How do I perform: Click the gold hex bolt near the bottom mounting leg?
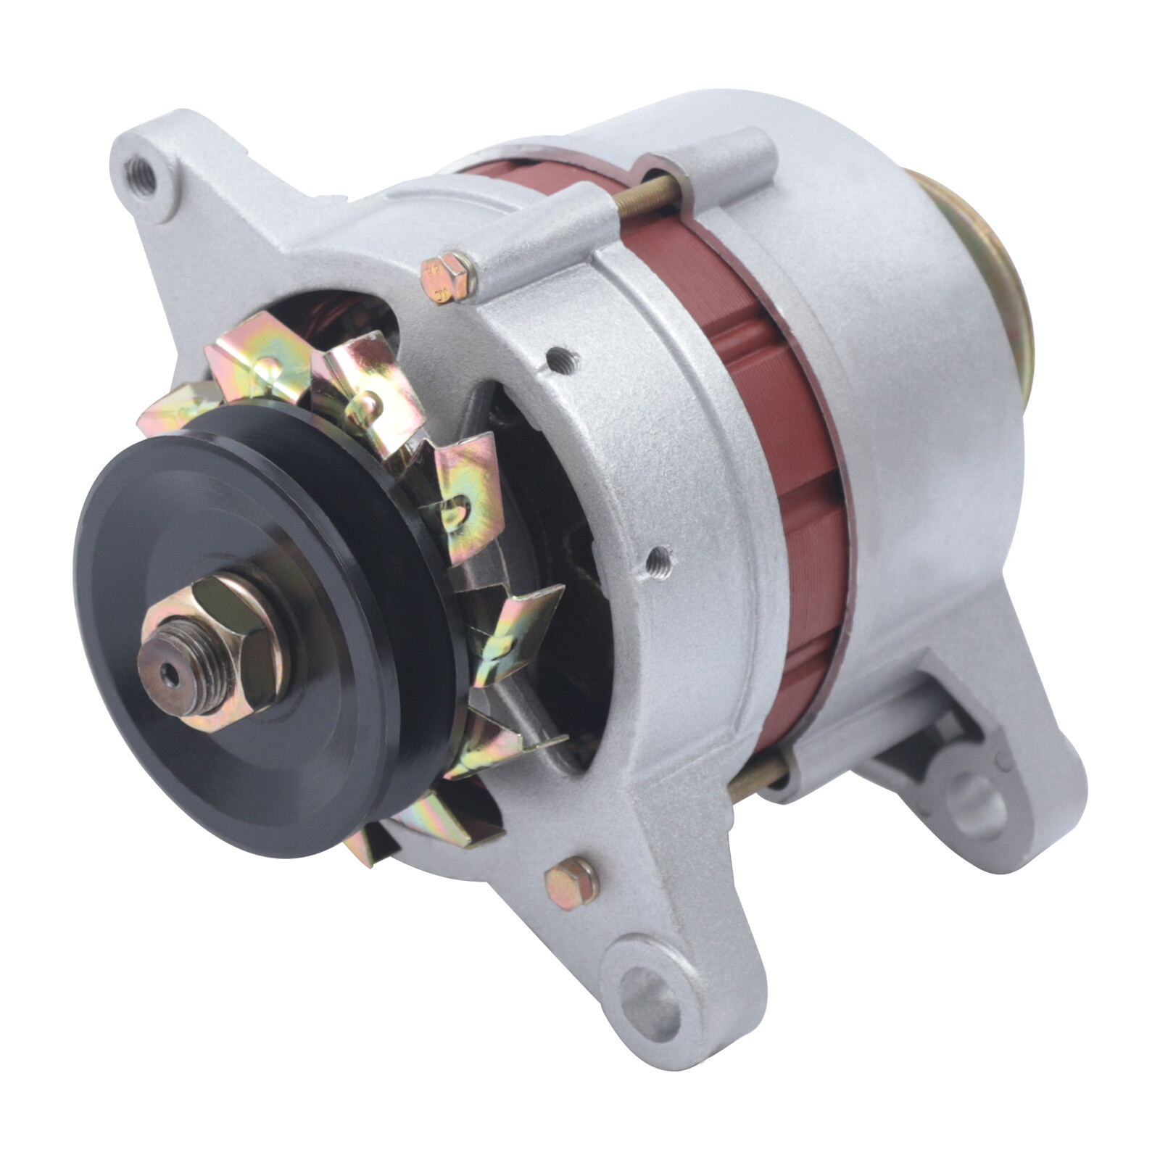570,880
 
